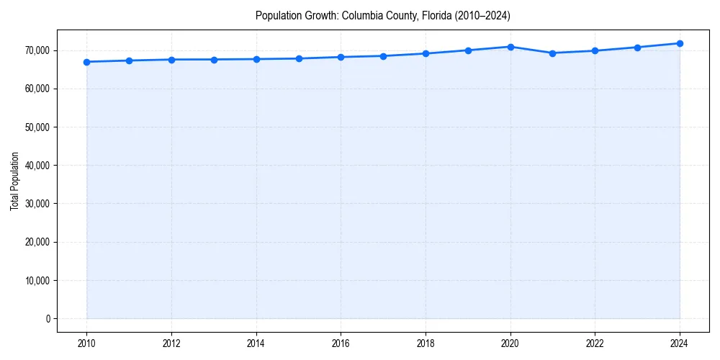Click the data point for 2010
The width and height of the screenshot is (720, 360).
tap(86, 62)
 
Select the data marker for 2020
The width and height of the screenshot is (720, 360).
tap(510, 47)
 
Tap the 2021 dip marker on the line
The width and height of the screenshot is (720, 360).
tap(552, 53)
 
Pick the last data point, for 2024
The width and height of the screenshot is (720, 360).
tap(680, 43)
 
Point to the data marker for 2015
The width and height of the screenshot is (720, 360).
tap(299, 58)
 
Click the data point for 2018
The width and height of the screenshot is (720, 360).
tap(426, 53)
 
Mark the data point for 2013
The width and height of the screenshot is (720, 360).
tap(214, 60)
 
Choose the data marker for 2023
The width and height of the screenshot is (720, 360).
tap(637, 48)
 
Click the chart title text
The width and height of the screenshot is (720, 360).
tap(382, 16)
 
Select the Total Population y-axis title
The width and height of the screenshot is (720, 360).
tap(14, 181)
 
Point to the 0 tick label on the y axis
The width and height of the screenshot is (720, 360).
tap(47, 319)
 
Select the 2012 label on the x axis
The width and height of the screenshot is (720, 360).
tap(171, 344)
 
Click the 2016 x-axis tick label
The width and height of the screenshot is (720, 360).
tap(341, 344)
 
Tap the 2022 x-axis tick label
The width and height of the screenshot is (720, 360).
tap(595, 344)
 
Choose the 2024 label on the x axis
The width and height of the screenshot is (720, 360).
tap(680, 344)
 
